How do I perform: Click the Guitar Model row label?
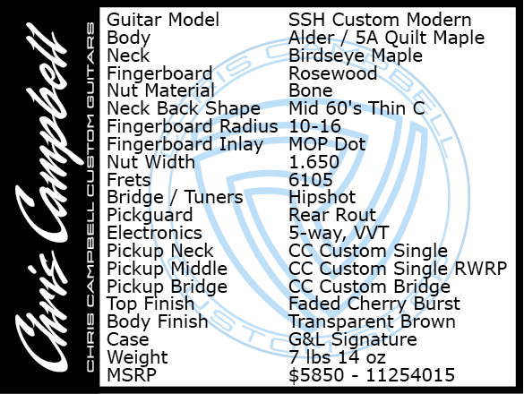pyautogui.click(x=163, y=20)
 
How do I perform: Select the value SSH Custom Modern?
pyautogui.click(x=380, y=20)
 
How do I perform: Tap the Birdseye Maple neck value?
pyautogui.click(x=356, y=56)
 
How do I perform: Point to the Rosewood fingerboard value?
pyautogui.click(x=333, y=73)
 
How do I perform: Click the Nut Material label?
pyautogui.click(x=160, y=91)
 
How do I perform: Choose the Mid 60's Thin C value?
pyautogui.click(x=356, y=108)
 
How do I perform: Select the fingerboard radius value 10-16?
pyautogui.click(x=314, y=126)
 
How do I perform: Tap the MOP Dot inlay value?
pyautogui.click(x=327, y=144)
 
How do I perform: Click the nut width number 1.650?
pyautogui.click(x=314, y=162)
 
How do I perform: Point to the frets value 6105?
pyautogui.click(x=311, y=180)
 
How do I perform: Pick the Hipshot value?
pyautogui.click(x=322, y=198)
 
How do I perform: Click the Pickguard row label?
pyautogui.click(x=150, y=215)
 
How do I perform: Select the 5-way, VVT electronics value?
pyautogui.click(x=339, y=233)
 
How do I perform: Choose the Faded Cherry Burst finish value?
pyautogui.click(x=374, y=304)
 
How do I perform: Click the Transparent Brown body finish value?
pyautogui.click(x=372, y=321)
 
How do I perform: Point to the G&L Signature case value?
pyautogui.click(x=353, y=340)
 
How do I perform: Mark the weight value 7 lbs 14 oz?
pyautogui.click(x=337, y=357)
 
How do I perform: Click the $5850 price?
pyautogui.click(x=316, y=375)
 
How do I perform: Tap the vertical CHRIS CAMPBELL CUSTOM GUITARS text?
pyautogui.click(x=90, y=197)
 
